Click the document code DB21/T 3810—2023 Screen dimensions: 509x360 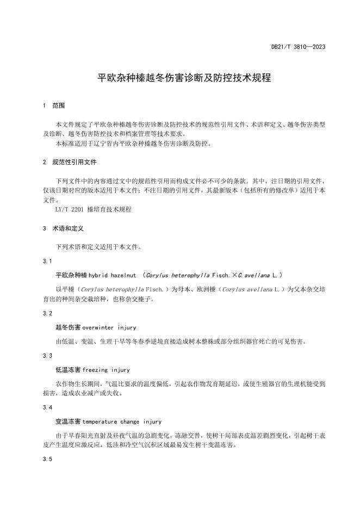click(x=298, y=47)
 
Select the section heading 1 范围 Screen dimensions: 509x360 click(x=54, y=105)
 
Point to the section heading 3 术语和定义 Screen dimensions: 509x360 click(x=63, y=229)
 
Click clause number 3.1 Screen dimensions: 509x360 click(x=47, y=262)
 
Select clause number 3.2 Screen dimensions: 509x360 click(x=47, y=313)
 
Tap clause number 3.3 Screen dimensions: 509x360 click(x=47, y=355)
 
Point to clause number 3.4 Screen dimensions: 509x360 click(x=47, y=407)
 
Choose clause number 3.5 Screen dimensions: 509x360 click(x=47, y=460)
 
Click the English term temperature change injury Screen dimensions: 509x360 click(x=122, y=421)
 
